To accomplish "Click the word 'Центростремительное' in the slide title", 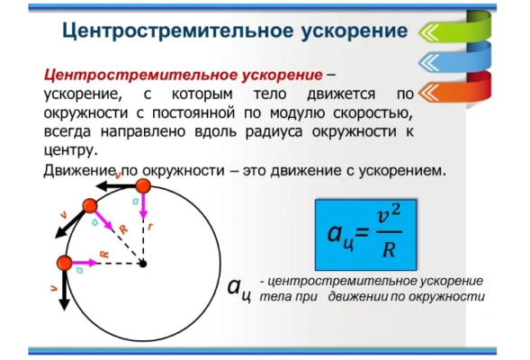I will [167, 31].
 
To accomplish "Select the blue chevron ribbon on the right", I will [455, 61].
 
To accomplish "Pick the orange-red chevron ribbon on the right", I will [455, 90].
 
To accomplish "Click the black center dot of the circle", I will [141, 263].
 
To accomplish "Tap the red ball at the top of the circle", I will [141, 186].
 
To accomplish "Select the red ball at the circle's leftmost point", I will [65, 263].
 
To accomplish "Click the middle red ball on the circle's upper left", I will [90, 207].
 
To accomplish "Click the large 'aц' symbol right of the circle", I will [238, 289].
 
